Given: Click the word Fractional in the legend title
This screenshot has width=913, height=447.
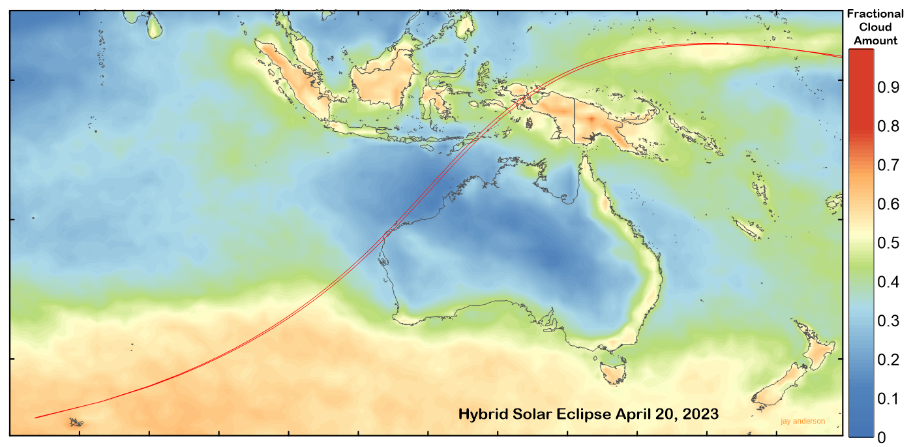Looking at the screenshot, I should [875, 14].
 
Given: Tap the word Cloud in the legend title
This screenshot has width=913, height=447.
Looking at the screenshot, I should [875, 27].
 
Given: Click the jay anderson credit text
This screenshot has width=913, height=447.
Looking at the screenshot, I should [802, 422].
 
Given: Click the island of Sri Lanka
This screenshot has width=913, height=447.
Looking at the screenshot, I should [154, 25].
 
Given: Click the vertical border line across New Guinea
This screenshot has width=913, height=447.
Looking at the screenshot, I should [574, 121].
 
